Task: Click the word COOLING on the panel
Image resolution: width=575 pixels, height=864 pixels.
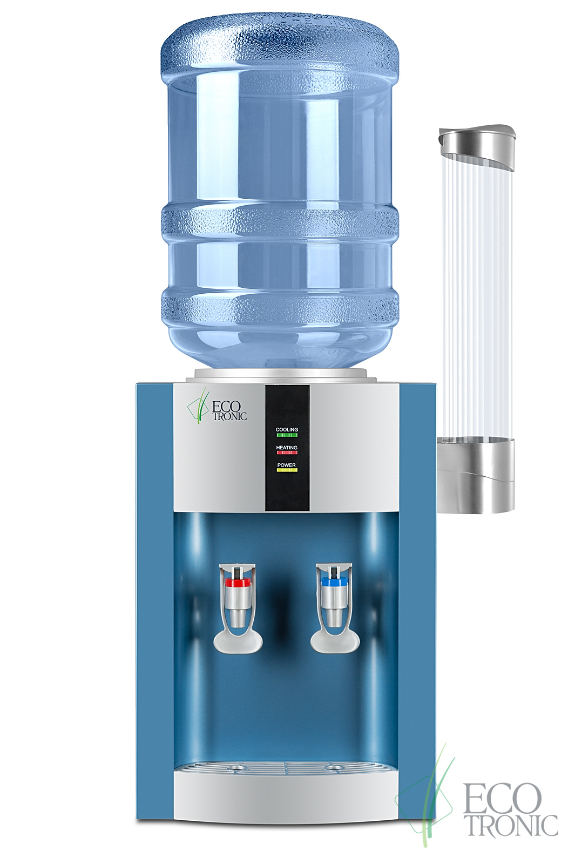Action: (287, 429)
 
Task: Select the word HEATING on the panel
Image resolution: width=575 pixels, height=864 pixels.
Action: (287, 448)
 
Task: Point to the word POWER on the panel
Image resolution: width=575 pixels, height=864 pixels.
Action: (287, 465)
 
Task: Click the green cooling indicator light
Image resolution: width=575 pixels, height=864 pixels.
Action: (287, 435)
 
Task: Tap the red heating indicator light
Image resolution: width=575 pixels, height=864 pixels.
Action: (287, 453)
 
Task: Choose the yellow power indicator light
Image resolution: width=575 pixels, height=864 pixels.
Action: (287, 470)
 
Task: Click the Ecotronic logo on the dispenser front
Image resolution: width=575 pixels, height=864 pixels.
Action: (217, 406)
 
